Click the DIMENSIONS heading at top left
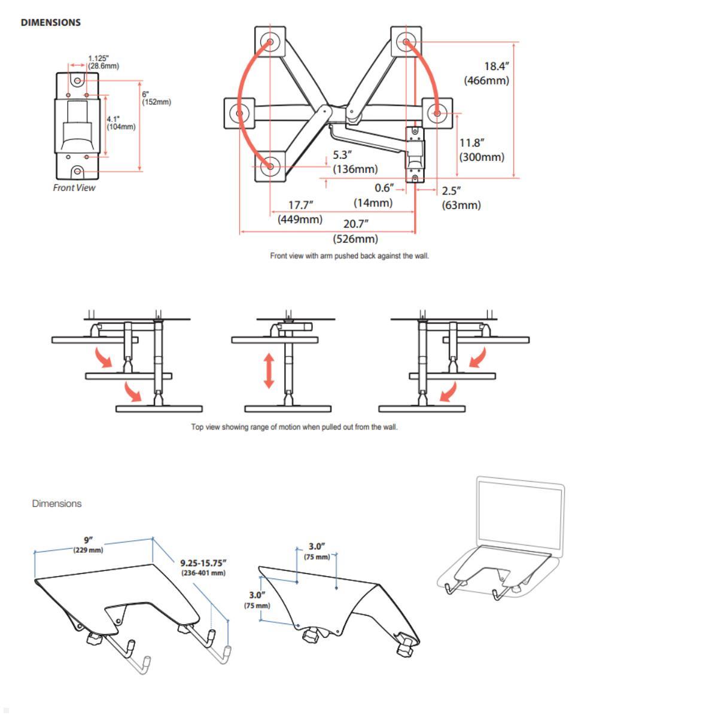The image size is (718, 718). (50, 23)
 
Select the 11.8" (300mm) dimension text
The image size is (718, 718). (481, 150)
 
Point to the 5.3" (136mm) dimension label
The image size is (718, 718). (355, 162)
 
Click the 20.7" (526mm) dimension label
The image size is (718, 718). (355, 232)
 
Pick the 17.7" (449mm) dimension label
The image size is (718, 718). (300, 212)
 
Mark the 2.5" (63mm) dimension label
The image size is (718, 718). (461, 198)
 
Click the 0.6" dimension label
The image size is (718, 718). (384, 188)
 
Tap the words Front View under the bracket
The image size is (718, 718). (74, 188)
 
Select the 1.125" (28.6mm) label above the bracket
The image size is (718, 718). (102, 62)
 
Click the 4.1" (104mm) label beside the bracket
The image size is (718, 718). (121, 123)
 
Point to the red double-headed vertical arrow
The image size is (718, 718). (269, 371)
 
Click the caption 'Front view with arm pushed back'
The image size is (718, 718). (349, 256)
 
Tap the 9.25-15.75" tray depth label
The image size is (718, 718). (203, 567)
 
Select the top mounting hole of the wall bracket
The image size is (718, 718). (78, 80)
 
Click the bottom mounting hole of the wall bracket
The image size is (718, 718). (78, 172)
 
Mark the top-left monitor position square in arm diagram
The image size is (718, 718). (270, 42)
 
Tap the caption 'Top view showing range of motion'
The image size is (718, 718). (294, 427)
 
